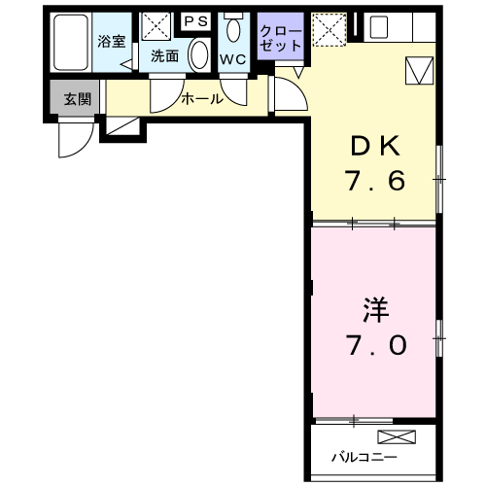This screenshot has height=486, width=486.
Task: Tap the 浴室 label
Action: click(x=111, y=42)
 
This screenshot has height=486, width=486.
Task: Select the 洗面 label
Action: click(x=164, y=56)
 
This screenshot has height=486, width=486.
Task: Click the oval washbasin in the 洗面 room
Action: click(x=199, y=54)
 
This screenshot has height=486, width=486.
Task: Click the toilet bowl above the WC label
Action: click(x=231, y=29)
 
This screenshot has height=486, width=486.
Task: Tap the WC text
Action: click(x=232, y=57)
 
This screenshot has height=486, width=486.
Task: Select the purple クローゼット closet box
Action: click(x=281, y=39)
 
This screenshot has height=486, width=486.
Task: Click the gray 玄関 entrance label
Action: click(x=77, y=98)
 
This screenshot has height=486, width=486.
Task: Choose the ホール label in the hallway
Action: click(x=202, y=98)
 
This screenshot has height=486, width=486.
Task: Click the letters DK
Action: click(x=373, y=146)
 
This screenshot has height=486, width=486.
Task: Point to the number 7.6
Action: click(x=373, y=181)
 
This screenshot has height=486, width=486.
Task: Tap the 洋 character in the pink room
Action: click(x=374, y=309)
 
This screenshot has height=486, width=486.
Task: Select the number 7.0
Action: click(x=374, y=344)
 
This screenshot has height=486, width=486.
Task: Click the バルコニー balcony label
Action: click(x=364, y=456)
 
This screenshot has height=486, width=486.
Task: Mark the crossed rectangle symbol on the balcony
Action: click(x=398, y=436)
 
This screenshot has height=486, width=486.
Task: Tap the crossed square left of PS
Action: click(x=156, y=25)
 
